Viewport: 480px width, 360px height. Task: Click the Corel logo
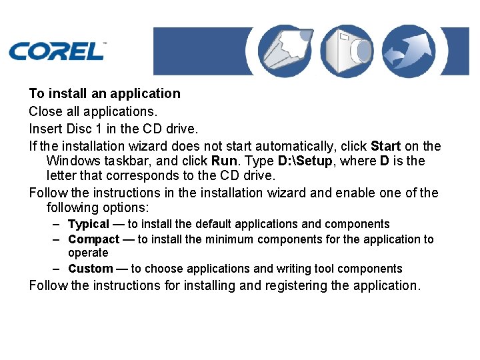(56, 50)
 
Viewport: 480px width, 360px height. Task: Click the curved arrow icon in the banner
(410, 51)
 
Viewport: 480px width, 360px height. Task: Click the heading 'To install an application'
(105, 93)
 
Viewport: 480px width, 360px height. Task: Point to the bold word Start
(385, 146)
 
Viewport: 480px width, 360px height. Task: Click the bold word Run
(223, 161)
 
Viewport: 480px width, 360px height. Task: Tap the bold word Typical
(89, 224)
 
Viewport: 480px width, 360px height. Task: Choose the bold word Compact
(94, 239)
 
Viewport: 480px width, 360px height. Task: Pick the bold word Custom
(91, 269)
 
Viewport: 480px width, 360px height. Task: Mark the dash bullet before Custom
(59, 269)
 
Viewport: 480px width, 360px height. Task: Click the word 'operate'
(88, 253)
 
